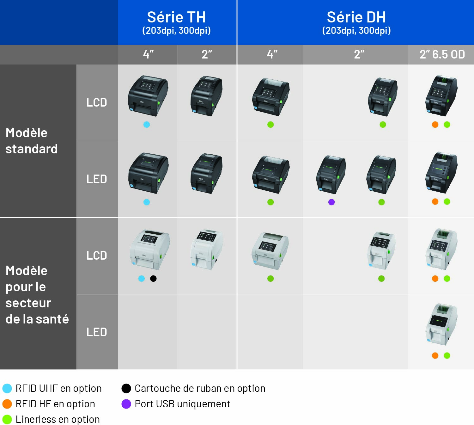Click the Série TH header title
tap(176, 17)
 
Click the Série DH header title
tap(356, 17)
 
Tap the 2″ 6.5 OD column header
tap(442, 54)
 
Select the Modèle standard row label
tap(32, 141)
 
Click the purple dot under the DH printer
tap(331, 202)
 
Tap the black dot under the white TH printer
tap(153, 279)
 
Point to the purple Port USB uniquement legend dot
tap(126, 404)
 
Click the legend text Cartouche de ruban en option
tap(200, 388)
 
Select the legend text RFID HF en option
tap(55, 404)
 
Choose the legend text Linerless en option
tap(58, 419)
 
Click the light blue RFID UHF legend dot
tap(7, 388)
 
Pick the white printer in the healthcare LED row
tap(441, 324)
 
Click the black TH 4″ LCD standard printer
tap(148, 96)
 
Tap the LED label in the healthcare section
tap(97, 332)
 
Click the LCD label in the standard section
tap(97, 102)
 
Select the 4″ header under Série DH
tap(272, 54)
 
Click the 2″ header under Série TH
tap(207, 54)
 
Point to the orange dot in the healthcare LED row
tap(435, 356)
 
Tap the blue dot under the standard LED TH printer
tap(146, 202)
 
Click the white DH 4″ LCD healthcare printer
tap(270, 251)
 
